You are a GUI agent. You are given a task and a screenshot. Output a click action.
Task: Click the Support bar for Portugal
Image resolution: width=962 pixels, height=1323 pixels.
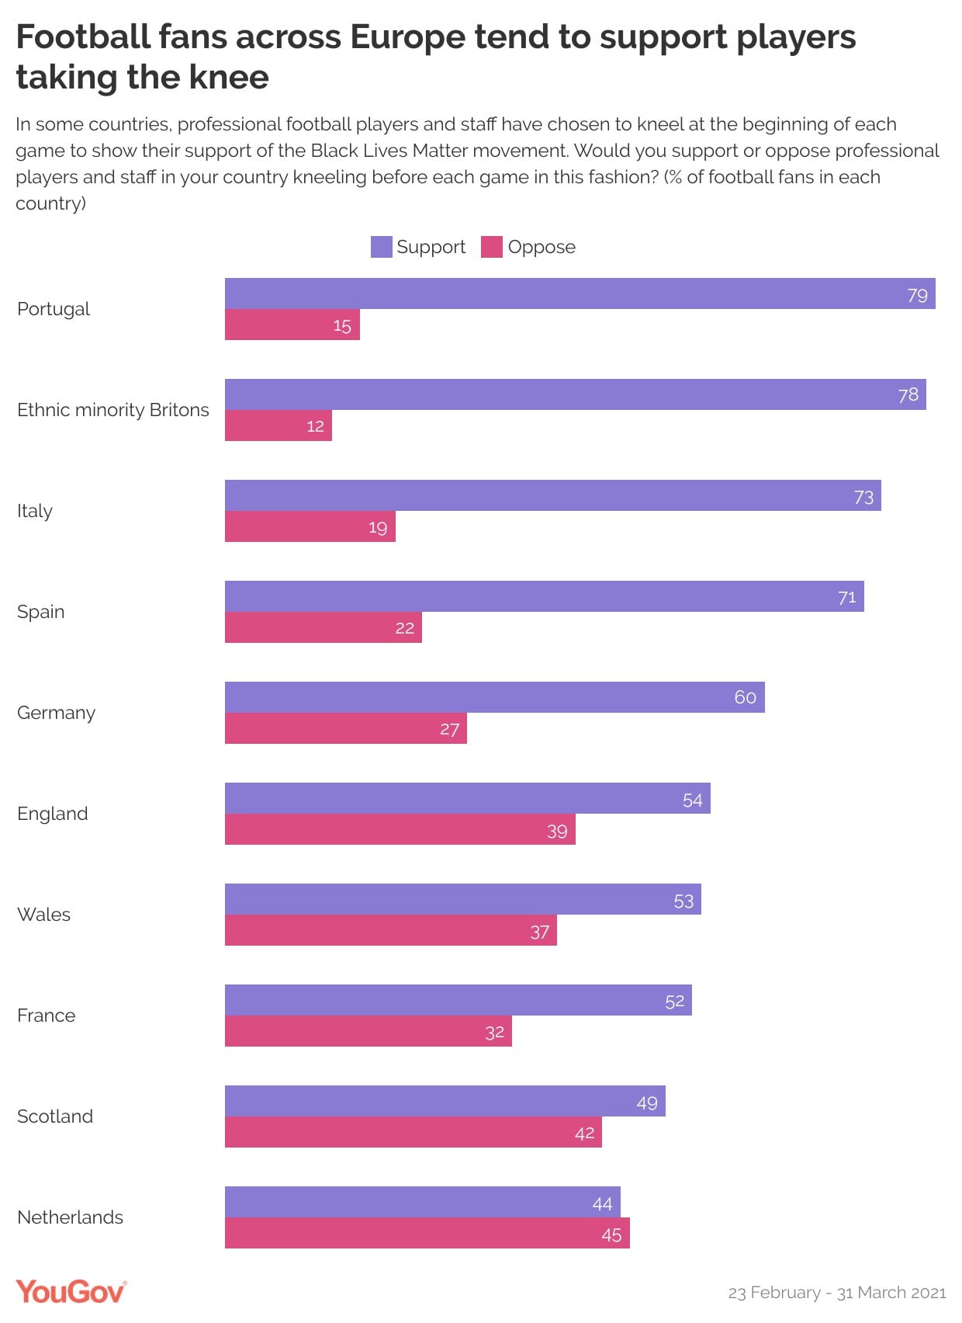click(580, 293)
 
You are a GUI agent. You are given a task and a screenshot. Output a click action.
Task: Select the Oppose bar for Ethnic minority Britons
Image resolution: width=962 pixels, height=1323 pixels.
click(278, 425)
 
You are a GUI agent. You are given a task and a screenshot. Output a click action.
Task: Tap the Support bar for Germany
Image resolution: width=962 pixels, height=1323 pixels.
click(494, 697)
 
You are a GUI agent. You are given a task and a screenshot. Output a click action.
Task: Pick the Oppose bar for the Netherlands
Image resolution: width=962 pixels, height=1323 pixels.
click(427, 1233)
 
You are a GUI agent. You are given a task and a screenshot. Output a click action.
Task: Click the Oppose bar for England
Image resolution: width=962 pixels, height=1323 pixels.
click(400, 829)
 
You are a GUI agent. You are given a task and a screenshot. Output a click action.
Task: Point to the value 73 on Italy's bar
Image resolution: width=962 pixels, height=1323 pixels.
click(863, 498)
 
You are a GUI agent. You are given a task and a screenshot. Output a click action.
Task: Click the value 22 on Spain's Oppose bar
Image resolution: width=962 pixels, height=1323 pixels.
click(404, 628)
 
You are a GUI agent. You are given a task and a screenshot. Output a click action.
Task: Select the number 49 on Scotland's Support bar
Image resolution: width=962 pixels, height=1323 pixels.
click(647, 1102)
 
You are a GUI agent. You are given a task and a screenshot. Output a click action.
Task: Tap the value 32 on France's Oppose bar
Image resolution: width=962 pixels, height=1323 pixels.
click(494, 1033)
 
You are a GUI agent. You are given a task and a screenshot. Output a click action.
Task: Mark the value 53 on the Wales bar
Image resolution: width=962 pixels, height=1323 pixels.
click(683, 901)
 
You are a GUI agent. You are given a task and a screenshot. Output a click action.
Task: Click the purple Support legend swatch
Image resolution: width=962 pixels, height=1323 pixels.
click(381, 247)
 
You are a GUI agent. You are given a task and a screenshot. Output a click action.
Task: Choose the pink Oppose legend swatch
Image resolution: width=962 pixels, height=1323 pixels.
click(492, 247)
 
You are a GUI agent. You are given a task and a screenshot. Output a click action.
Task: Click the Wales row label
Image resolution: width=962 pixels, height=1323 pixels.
click(43, 915)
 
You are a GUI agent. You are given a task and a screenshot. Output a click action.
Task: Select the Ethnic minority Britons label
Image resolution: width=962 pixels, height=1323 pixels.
click(112, 409)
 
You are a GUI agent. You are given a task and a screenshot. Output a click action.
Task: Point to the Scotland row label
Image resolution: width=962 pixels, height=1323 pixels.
click(55, 1116)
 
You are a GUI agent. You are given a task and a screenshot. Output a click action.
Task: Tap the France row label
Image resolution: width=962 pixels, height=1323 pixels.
click(46, 1016)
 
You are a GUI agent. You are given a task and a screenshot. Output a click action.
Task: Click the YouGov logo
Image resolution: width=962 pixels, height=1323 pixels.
click(71, 1292)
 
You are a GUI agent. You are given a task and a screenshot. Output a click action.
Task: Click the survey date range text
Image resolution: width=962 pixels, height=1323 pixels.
click(837, 1293)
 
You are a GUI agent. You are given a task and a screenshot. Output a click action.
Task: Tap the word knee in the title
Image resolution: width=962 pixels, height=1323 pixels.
click(229, 78)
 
